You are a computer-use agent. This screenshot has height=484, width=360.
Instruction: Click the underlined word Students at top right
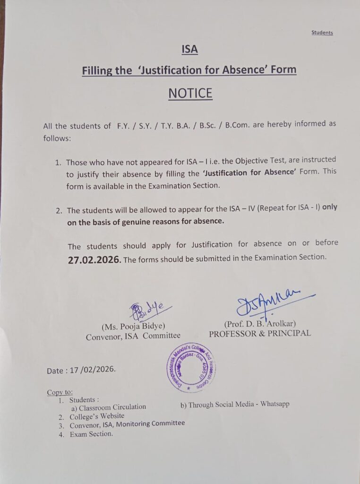tap(322, 33)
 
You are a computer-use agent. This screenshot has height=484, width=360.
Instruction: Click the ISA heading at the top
tap(189, 49)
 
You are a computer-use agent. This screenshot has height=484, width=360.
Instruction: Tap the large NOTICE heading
tap(190, 93)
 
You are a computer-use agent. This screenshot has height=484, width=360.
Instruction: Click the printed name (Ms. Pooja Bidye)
tap(133, 326)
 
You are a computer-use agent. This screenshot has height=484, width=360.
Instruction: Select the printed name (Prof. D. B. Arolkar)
tap(260, 324)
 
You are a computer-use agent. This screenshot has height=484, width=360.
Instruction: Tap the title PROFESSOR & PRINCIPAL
tap(260, 333)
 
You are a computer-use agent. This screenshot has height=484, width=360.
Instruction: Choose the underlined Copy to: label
tap(60, 392)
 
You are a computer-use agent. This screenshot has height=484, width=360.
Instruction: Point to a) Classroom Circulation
tap(109, 406)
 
